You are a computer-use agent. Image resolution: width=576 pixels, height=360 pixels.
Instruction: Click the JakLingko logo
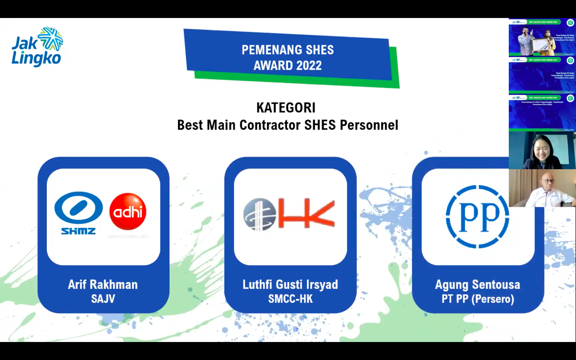37,47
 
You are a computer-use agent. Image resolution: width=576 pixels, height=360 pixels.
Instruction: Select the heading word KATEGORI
286,108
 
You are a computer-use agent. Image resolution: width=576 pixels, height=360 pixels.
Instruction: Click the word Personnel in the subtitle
369,125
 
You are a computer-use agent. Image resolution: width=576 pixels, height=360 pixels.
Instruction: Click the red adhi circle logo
128,212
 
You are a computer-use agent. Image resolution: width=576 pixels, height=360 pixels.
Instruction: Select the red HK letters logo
306,214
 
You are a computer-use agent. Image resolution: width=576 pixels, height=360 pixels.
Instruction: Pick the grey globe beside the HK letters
260,214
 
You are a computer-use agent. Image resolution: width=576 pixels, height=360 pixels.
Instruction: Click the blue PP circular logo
477,216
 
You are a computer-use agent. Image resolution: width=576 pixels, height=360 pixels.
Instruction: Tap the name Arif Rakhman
103,284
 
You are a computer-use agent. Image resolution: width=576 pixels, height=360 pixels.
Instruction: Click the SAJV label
103,299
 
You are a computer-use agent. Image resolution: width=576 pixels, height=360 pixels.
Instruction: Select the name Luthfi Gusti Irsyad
290,284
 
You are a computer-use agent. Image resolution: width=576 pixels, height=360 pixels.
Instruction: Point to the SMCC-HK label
290,299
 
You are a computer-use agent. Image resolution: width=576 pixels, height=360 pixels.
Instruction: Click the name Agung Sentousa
478,284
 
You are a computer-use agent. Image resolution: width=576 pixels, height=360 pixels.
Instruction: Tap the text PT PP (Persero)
478,299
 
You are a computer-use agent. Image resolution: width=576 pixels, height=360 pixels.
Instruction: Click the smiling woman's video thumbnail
542,151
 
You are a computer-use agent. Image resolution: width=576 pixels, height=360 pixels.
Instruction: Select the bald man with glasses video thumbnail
542,188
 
